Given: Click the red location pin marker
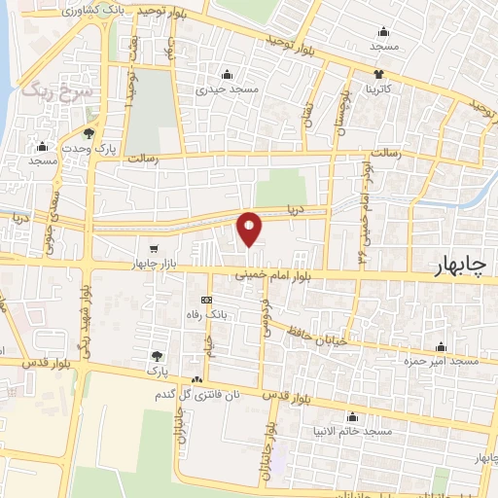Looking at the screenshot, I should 250,229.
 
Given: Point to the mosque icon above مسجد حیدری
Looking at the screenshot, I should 229,74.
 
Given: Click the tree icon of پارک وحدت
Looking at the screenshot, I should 89,133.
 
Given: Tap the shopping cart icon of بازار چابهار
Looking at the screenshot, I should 154,249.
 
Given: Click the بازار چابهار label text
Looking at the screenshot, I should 155,265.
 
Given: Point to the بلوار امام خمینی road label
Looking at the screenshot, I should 275,277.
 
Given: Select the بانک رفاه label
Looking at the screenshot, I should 206,315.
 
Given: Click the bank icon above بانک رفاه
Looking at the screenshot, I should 206,301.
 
